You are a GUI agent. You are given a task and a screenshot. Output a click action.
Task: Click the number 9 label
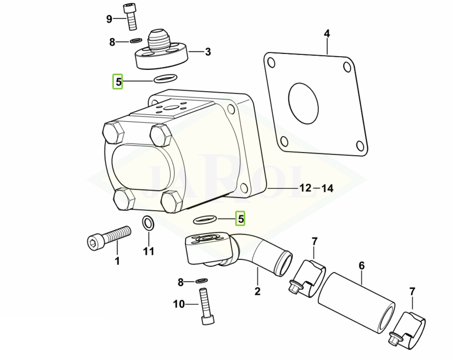coord(110,20)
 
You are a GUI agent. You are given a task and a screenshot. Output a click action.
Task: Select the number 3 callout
coord(208,52)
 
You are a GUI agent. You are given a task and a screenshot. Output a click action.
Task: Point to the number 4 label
coord(327,34)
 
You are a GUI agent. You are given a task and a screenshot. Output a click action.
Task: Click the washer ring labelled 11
coord(148,224)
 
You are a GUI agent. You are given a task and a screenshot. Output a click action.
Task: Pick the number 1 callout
coord(117,260)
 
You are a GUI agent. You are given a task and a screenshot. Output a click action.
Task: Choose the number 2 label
coord(257,290)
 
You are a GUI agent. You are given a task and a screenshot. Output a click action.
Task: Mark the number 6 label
coord(362,265)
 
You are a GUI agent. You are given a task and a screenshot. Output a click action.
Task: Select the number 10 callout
coord(179,304)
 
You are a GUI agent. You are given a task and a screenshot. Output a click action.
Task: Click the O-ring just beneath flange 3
coord(164,79)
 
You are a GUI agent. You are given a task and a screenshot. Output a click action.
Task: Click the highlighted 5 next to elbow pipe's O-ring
coord(240,219)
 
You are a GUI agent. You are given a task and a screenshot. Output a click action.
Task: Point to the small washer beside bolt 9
coord(135,41)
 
